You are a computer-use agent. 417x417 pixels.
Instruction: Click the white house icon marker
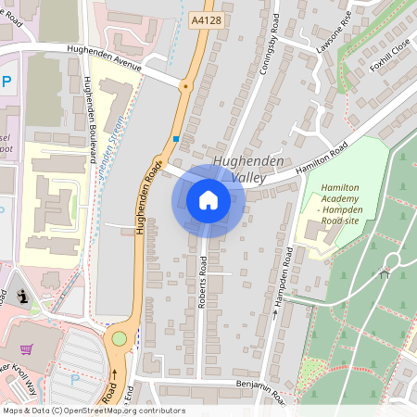click(208, 200)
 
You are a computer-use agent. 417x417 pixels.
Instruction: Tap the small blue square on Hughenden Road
click(175, 139)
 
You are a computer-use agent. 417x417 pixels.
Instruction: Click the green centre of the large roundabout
click(119, 339)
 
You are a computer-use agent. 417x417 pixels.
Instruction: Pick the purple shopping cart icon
click(27, 349)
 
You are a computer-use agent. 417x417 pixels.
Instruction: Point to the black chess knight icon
click(23, 298)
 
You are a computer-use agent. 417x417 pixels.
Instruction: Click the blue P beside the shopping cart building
click(75, 380)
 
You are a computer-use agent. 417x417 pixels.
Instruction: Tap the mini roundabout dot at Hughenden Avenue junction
click(185, 86)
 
